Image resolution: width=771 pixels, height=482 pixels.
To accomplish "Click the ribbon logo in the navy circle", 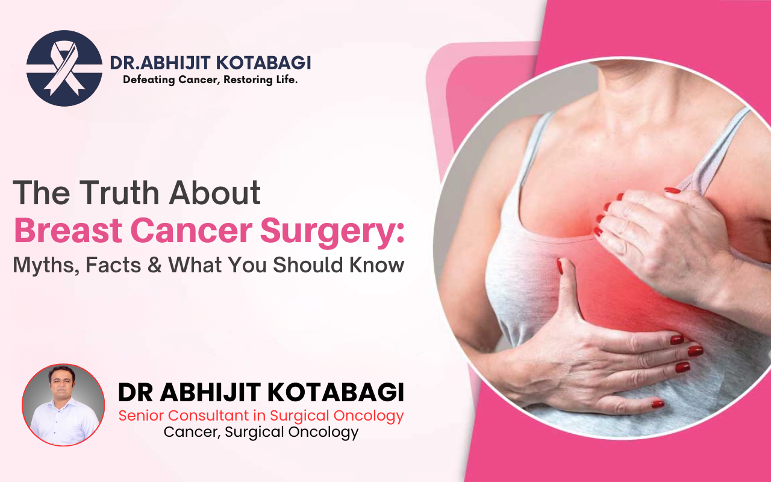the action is pos(64,68).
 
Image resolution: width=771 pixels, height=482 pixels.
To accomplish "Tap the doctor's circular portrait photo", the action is pos(63,405).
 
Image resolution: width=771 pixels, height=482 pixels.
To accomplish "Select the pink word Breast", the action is pos(68,230).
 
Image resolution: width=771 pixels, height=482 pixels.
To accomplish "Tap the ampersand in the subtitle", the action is pos(155,265).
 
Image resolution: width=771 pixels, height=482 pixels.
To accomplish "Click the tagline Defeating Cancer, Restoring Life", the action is pos(210,80).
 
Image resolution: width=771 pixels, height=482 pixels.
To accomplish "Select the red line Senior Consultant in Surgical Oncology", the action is pos(261,416).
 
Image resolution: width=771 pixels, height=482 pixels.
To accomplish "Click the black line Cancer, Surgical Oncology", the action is pos(261,432).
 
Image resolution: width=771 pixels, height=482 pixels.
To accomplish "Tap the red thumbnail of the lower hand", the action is pos(560,266).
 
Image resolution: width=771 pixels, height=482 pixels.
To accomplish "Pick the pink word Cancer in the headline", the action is pos(192,230).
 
